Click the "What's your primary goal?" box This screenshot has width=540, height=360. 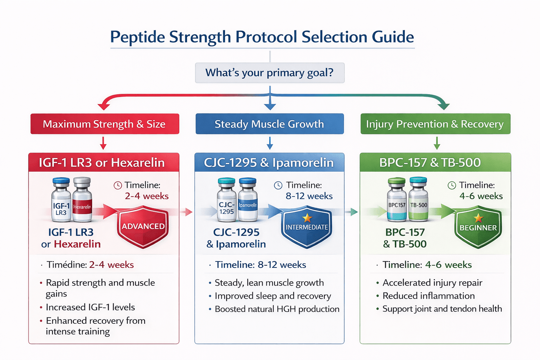pos(270,73)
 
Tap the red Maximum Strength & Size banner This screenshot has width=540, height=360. pos(104,124)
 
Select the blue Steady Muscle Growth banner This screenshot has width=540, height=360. pos(270,124)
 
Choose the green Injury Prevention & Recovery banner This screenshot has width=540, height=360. pos(435,124)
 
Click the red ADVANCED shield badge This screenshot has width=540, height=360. pos(143,227)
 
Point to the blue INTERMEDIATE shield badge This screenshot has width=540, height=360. pos(307,227)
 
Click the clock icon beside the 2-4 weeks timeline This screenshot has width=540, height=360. pos(118,185)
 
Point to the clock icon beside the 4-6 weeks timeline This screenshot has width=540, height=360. pos(452,185)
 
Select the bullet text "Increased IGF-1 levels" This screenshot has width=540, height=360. pos(90,307)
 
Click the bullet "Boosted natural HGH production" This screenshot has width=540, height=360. pos(277,309)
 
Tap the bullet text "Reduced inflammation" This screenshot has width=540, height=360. pos(429,296)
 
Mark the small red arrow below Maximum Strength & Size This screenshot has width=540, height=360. pos(103,143)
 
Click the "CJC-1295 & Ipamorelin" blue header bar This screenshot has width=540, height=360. pos(269,162)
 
